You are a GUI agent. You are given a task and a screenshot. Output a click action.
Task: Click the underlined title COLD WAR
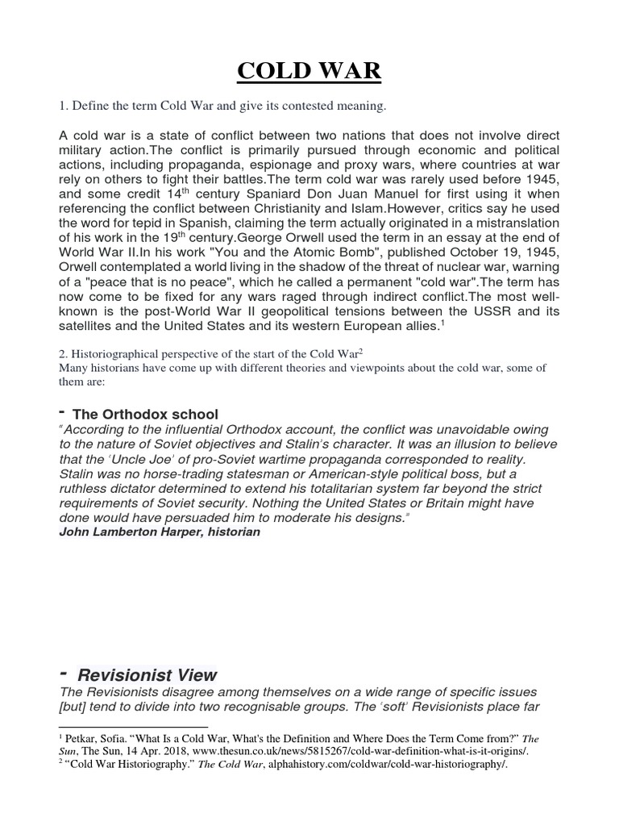click(x=309, y=70)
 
